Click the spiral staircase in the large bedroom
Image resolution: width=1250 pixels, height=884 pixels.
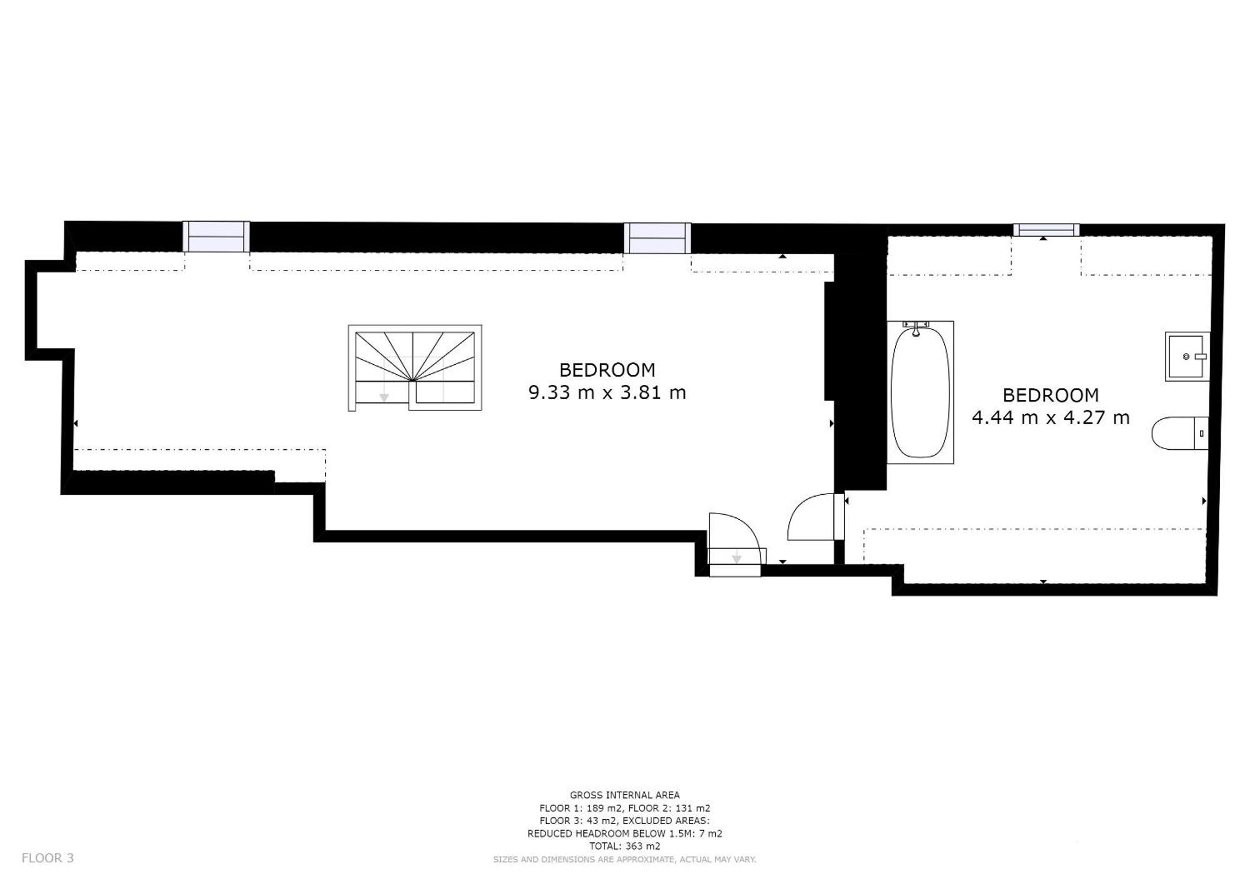click(415, 367)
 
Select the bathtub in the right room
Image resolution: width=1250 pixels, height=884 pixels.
click(920, 392)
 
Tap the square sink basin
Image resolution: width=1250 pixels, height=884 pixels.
click(1187, 356)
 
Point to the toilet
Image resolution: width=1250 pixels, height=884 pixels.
click(1180, 432)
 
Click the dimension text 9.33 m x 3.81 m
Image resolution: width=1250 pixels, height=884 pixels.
click(607, 392)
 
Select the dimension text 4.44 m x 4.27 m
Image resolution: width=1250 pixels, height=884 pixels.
click(1051, 417)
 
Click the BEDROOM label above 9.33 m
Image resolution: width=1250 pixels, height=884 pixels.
click(607, 370)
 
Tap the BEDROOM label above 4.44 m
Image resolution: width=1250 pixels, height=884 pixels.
click(1051, 395)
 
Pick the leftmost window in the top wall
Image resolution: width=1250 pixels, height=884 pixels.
click(216, 236)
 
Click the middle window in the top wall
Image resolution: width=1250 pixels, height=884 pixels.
click(657, 238)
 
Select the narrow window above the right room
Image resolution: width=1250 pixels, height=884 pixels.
click(1046, 230)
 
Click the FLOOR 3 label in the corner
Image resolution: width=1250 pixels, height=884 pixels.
click(47, 858)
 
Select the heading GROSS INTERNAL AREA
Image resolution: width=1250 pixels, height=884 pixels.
click(624, 795)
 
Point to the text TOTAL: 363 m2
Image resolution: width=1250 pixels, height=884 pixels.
click(624, 846)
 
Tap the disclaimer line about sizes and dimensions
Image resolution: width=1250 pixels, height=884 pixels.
click(624, 860)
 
